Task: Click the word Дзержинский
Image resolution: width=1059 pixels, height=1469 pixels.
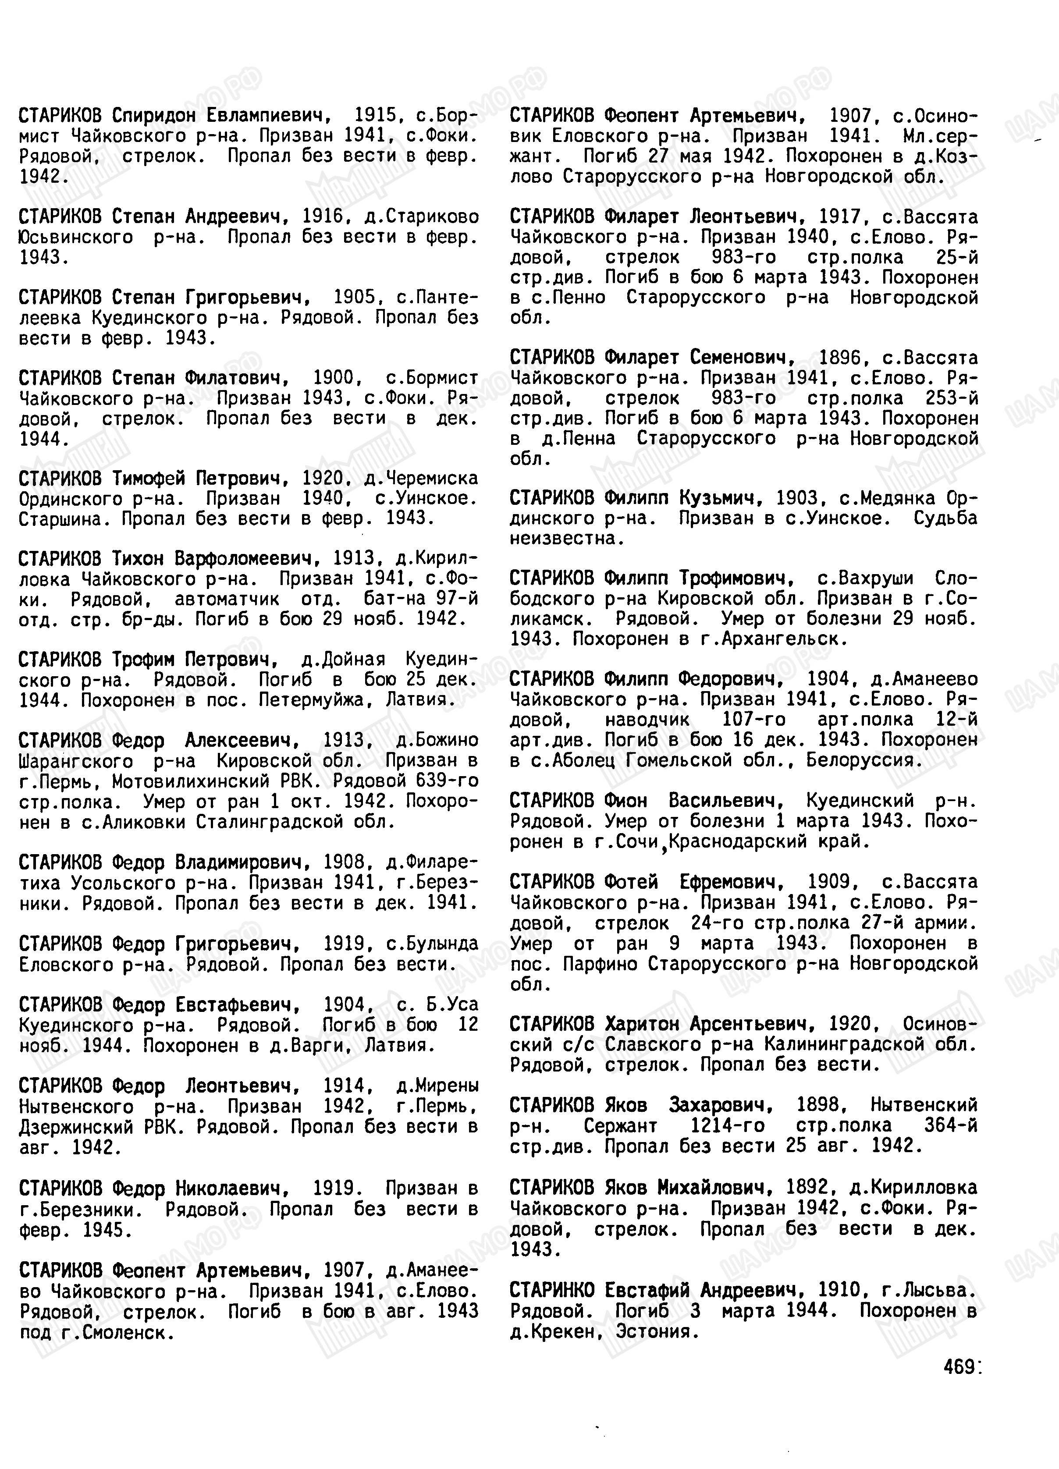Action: click(x=76, y=1127)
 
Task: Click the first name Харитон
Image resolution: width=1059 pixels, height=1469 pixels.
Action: click(x=642, y=1024)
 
